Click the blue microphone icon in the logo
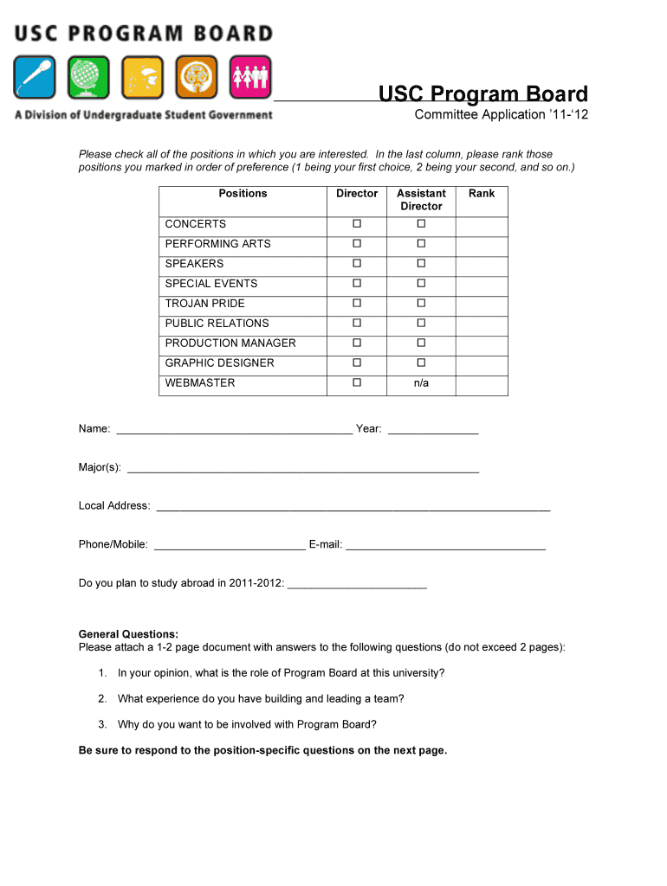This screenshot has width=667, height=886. (35, 78)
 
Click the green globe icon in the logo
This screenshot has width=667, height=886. (88, 78)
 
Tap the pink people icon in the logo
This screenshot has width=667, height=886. (250, 78)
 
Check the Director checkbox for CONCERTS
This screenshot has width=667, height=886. (356, 224)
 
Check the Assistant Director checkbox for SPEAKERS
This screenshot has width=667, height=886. (421, 264)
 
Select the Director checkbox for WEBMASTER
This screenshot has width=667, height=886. (356, 382)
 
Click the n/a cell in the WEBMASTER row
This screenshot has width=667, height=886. (421, 383)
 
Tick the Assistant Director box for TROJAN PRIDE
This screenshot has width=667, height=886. (421, 304)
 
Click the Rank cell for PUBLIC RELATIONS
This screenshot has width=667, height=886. (482, 324)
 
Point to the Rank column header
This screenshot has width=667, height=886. (482, 194)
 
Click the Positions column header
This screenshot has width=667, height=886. (243, 194)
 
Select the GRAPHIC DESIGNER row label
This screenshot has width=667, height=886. (219, 363)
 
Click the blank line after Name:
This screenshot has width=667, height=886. (234, 430)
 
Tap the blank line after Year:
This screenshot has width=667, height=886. (433, 430)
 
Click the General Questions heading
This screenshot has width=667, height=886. (128, 634)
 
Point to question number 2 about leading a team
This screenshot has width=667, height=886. (261, 699)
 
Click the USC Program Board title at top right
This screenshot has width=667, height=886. (483, 94)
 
